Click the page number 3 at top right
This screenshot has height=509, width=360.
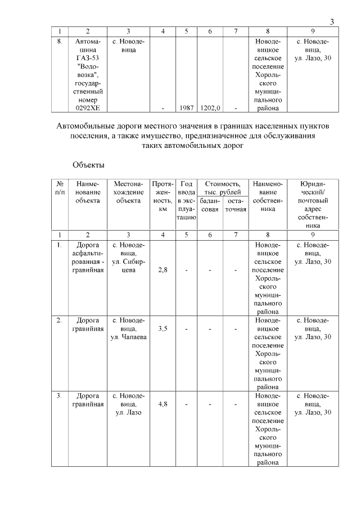tap(332, 22)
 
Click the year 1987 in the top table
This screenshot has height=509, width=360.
tap(186, 108)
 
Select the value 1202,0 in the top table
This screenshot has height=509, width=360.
tap(210, 108)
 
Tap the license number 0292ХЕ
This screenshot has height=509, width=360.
tap(87, 108)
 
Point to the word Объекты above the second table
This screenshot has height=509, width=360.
tap(88, 165)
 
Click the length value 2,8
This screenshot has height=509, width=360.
tap(163, 270)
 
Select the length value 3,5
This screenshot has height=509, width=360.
tap(163, 328)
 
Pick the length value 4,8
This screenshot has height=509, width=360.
tap(163, 404)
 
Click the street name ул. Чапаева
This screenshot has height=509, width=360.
tap(128, 337)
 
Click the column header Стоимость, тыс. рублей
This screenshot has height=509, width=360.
tap(222, 188)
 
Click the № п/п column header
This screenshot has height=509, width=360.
tap(60, 188)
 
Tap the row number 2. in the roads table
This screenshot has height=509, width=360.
tap(59, 320)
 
